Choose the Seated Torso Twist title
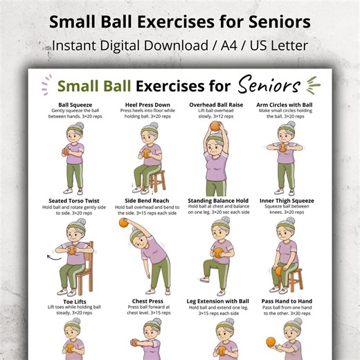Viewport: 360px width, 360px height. [x=72, y=201]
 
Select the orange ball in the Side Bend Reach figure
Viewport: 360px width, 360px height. [x=124, y=223]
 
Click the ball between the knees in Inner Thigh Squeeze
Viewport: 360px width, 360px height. [x=279, y=269]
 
